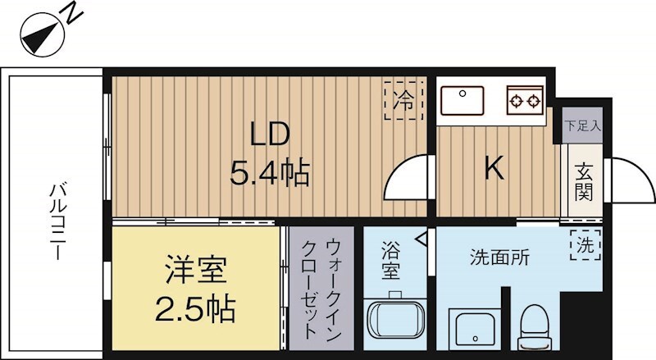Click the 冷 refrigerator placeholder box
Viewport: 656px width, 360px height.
(403, 101)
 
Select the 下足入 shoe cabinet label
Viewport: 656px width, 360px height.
(582, 126)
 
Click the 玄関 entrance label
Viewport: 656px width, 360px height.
(584, 185)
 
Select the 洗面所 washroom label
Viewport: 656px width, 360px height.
(499, 257)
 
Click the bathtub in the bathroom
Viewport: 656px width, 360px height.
(394, 325)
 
